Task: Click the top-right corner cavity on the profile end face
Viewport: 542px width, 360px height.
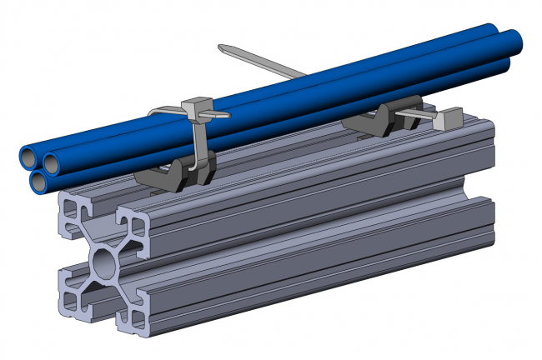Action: (x=133, y=226)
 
